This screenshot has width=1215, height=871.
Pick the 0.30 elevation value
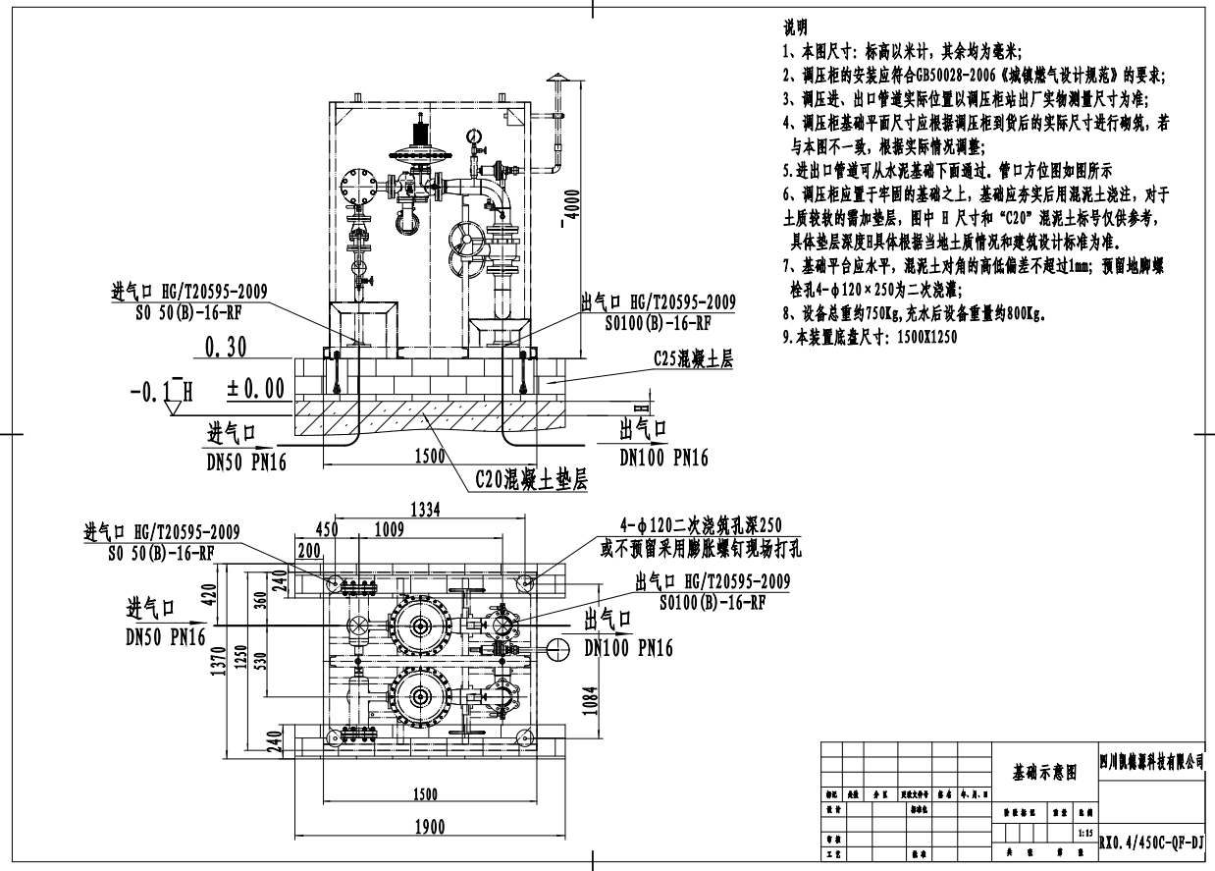pyautogui.click(x=226, y=346)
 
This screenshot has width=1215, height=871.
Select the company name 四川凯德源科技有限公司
pyautogui.click(x=1153, y=760)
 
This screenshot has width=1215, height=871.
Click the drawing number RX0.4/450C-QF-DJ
pyautogui.click(x=1153, y=842)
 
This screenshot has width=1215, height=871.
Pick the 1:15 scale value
pyautogui.click(x=1084, y=833)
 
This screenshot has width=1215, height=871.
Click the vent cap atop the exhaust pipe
pyautogui.click(x=557, y=79)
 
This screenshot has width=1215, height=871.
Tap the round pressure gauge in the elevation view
pyautogui.click(x=476, y=136)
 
